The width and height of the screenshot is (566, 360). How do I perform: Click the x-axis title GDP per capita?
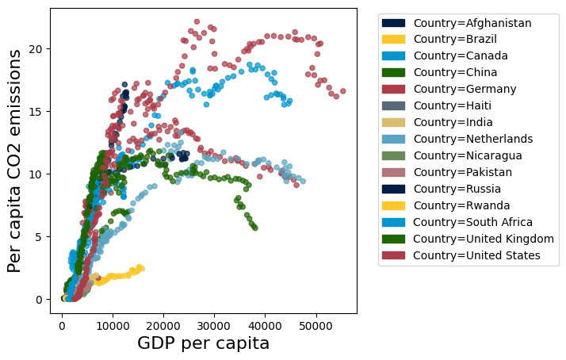pos(204,344)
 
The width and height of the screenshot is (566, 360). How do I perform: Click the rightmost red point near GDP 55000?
pos(342,91)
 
